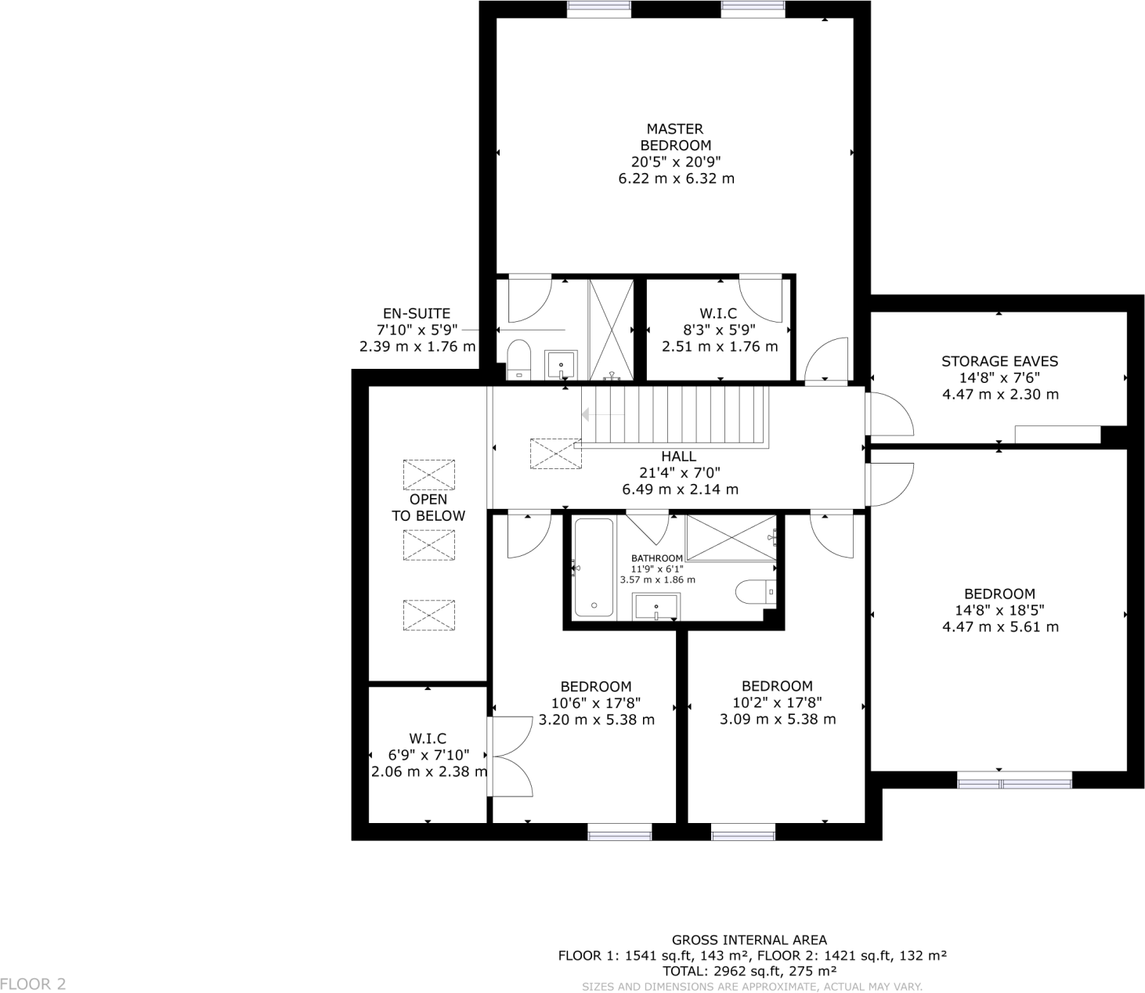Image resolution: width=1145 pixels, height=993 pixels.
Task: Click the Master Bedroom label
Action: click(x=675, y=137)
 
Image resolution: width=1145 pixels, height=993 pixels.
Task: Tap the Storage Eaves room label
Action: click(x=999, y=361)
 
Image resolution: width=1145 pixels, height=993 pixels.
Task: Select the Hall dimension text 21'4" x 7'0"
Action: click(x=678, y=473)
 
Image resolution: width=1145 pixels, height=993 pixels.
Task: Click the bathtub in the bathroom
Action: click(x=594, y=567)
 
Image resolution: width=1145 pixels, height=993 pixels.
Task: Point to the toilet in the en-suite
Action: click(x=518, y=359)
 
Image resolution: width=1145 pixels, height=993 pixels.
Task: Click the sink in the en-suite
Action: click(x=561, y=364)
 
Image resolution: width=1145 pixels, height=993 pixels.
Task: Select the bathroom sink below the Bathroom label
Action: click(x=656, y=607)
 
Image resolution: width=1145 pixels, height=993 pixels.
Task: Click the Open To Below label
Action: click(x=428, y=507)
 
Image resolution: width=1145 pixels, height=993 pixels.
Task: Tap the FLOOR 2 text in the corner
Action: click(x=33, y=984)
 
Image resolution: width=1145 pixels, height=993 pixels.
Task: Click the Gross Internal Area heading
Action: click(x=749, y=940)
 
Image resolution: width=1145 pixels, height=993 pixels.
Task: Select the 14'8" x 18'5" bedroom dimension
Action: click(x=999, y=610)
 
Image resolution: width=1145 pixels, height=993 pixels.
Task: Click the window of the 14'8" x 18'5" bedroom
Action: click(x=1014, y=780)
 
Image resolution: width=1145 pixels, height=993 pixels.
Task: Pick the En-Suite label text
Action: click(x=416, y=313)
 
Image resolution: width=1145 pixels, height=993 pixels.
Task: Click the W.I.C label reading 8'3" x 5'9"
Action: click(x=719, y=313)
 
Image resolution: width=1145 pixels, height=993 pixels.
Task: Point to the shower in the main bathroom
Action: click(x=731, y=538)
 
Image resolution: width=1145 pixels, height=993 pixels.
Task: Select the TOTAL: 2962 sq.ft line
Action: click(x=752, y=971)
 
